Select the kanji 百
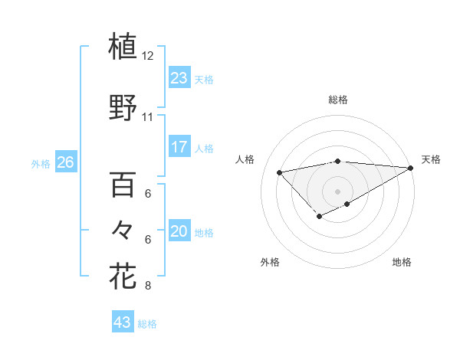tap(123, 185)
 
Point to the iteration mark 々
tap(123, 229)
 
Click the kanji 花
tap(123, 275)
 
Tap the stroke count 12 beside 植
tap(148, 56)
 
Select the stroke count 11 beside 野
tap(148, 117)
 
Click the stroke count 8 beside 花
tap(148, 286)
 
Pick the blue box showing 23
tap(179, 78)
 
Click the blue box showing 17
tap(179, 147)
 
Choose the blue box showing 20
tap(179, 231)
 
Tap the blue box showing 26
tap(65, 162)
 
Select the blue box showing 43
tap(122, 322)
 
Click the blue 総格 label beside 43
tap(147, 324)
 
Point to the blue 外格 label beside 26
tap(41, 163)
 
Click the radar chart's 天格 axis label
tap(431, 159)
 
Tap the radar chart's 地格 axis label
tap(402, 262)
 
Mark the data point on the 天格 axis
tap(412, 168)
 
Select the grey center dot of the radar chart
tap(337, 191)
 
